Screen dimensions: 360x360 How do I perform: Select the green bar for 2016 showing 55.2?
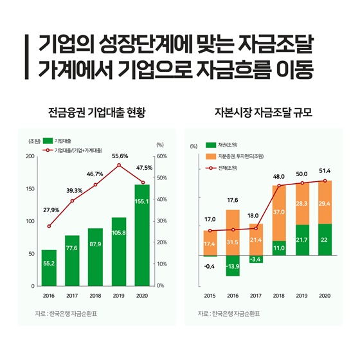coord(49,267)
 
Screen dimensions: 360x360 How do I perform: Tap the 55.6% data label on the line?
coord(119,156)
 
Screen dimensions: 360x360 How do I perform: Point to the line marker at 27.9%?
coord(49,226)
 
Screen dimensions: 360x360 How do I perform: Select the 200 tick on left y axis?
coord(30,156)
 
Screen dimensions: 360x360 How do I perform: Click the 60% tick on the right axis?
coord(161,156)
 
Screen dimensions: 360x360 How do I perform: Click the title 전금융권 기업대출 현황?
coord(96,114)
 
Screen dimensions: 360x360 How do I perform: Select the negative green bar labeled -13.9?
coord(232,265)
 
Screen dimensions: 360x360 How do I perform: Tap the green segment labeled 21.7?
coord(301,240)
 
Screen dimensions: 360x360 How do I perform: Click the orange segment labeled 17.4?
coord(209,243)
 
